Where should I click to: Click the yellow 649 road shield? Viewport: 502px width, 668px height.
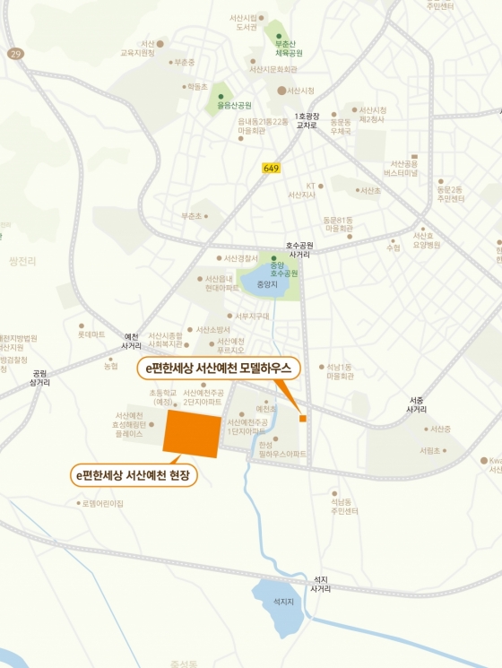click(x=271, y=168)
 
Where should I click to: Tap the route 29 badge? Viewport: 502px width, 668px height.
click(x=15, y=55)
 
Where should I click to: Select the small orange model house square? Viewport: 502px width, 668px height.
click(x=303, y=419)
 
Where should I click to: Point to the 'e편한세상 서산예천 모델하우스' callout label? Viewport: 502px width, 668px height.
click(x=219, y=368)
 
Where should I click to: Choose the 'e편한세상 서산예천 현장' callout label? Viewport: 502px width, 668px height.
click(x=134, y=473)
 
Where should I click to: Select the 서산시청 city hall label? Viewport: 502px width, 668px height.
click(x=300, y=91)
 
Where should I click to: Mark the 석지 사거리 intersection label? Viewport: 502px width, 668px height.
click(x=320, y=584)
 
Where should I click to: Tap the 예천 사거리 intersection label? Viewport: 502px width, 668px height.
click(x=131, y=341)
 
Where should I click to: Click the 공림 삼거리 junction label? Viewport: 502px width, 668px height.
click(x=39, y=377)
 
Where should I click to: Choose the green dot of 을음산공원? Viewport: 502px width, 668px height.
click(x=221, y=96)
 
